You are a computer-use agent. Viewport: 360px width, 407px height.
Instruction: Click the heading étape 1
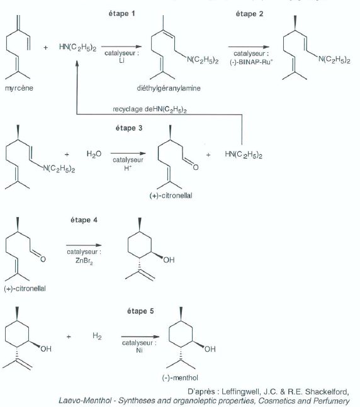(x=122, y=13)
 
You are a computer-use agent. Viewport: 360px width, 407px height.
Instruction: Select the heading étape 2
(x=249, y=14)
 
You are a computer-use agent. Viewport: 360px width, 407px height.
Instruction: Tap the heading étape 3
(x=129, y=128)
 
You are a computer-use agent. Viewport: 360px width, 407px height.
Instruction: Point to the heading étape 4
(x=84, y=220)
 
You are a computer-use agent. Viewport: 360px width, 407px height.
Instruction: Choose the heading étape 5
(x=140, y=311)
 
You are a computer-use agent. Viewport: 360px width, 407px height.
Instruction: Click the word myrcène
(x=19, y=88)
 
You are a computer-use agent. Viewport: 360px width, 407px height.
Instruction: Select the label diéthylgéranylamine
(x=169, y=88)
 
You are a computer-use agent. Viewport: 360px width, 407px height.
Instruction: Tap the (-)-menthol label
(x=180, y=377)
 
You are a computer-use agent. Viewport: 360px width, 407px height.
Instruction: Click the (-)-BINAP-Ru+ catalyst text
(x=251, y=62)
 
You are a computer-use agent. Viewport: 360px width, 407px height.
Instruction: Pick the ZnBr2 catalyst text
(x=84, y=260)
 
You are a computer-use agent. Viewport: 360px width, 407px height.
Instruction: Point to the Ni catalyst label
(x=139, y=350)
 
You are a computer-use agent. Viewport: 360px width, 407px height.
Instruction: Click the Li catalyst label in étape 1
(x=121, y=60)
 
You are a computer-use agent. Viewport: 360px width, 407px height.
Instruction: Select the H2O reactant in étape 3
(x=94, y=154)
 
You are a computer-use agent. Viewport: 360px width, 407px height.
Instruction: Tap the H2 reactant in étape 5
(x=97, y=336)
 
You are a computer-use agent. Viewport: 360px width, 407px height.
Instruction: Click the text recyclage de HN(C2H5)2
(x=150, y=109)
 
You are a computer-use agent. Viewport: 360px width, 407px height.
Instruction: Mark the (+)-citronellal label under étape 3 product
(x=171, y=196)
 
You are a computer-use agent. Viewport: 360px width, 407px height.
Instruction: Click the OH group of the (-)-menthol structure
(x=210, y=349)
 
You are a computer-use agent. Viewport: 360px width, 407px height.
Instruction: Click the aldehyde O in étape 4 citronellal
(x=43, y=259)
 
